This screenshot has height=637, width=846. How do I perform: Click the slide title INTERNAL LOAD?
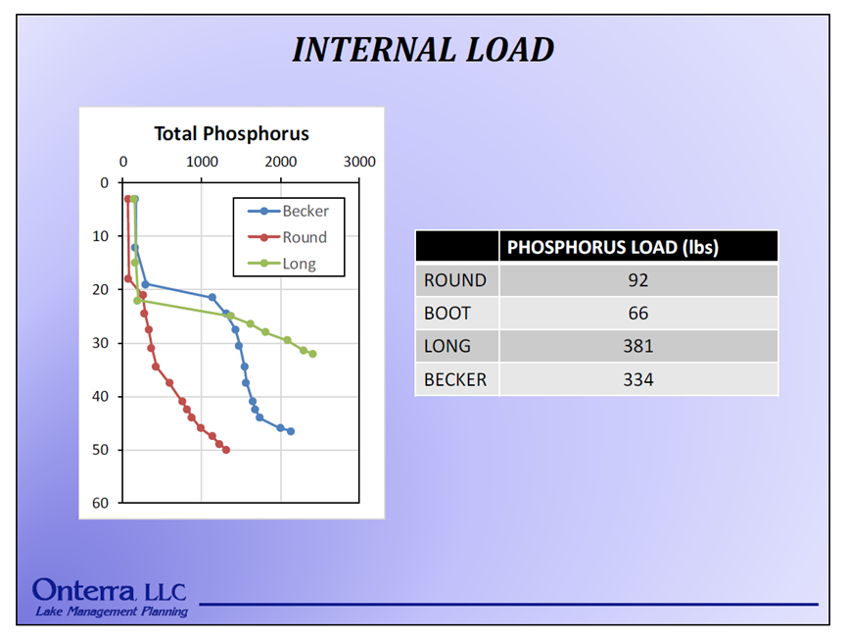[423, 49]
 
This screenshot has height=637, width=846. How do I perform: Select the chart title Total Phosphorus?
[231, 134]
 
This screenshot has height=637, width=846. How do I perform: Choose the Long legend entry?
[299, 264]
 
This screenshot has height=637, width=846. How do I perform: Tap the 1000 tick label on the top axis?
[202, 162]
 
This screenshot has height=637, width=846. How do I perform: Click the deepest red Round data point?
[226, 450]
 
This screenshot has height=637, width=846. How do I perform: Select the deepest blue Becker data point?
[291, 431]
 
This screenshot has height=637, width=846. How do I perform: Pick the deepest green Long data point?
[312, 354]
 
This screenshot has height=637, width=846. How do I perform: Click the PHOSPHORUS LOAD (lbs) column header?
[613, 247]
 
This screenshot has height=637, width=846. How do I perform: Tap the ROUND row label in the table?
[454, 280]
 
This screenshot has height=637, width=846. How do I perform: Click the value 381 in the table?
[637, 346]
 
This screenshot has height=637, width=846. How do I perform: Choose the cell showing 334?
[637, 379]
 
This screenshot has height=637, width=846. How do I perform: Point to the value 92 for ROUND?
[637, 280]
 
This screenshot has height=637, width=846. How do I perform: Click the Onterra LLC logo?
[108, 591]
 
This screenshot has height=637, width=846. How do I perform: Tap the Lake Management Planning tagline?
[112, 612]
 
